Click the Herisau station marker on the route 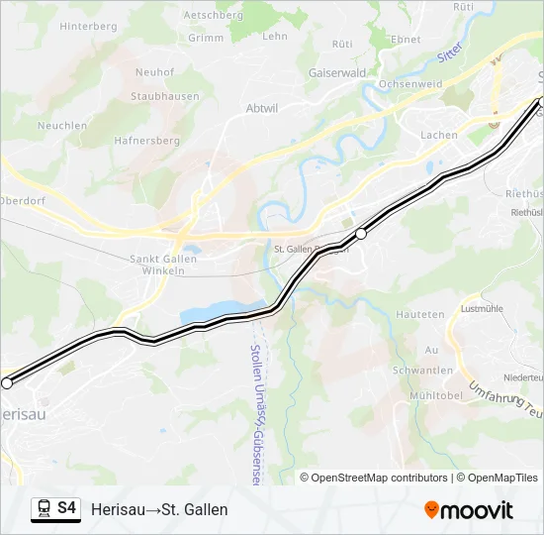pyautogui.click(x=7, y=382)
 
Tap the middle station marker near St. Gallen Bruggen pyautogui.click(x=361, y=234)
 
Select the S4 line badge pyautogui.click(x=56, y=508)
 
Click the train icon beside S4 pyautogui.click(x=44, y=509)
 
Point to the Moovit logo pyautogui.click(x=469, y=510)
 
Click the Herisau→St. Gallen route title pyautogui.click(x=159, y=509)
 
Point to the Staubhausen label pyautogui.click(x=165, y=96)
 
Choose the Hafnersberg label pyautogui.click(x=146, y=141)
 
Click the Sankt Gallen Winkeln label pyautogui.click(x=163, y=266)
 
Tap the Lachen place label pyautogui.click(x=439, y=135)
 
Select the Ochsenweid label pyautogui.click(x=410, y=85)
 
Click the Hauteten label pyautogui.click(x=420, y=314)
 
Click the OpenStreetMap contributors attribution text pyautogui.click(x=378, y=478)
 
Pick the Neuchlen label pyautogui.click(x=62, y=126)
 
